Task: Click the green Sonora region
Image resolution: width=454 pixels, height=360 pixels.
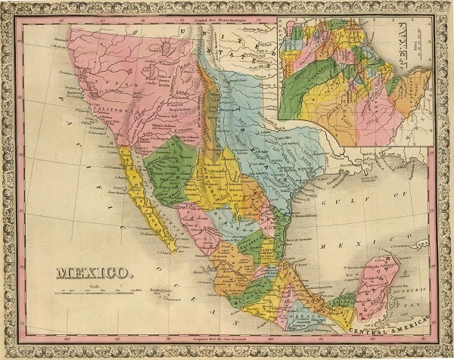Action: pos(171,169)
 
